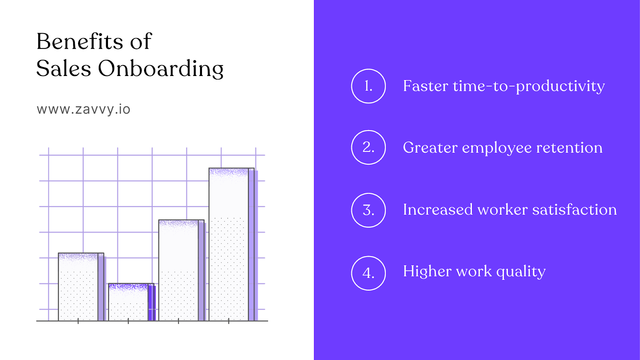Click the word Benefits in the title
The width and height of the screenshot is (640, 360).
pos(80,42)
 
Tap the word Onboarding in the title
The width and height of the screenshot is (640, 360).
pos(161,69)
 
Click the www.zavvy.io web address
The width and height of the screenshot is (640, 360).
pos(83,109)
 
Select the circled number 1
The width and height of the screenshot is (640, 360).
pos(368,86)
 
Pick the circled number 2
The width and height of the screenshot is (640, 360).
pos(368,147)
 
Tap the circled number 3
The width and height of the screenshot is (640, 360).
pos(368,210)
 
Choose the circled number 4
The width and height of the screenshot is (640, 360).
pos(368,273)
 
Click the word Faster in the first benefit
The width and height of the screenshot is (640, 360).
pos(425,86)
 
